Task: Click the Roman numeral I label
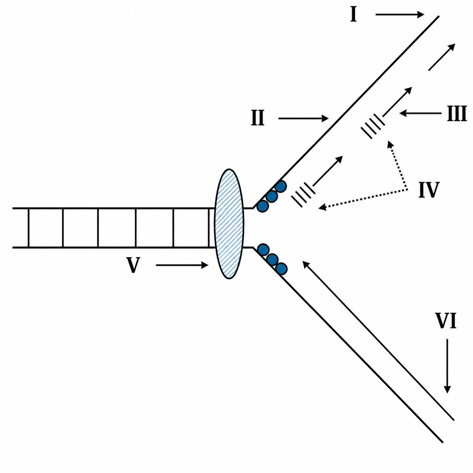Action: [353, 15]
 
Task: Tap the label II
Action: [258, 118]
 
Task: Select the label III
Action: [456, 114]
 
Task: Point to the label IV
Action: [429, 190]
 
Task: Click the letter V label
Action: [133, 265]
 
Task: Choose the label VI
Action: [446, 321]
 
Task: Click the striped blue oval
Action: [229, 224]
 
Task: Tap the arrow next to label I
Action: [400, 15]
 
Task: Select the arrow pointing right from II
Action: [303, 118]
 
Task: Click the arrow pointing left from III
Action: [420, 114]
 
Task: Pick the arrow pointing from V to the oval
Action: [182, 265]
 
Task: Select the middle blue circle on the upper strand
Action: [272, 197]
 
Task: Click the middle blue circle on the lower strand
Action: [272, 260]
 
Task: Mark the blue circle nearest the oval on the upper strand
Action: [262, 206]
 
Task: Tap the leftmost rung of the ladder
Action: [29, 228]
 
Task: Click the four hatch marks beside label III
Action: [373, 126]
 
